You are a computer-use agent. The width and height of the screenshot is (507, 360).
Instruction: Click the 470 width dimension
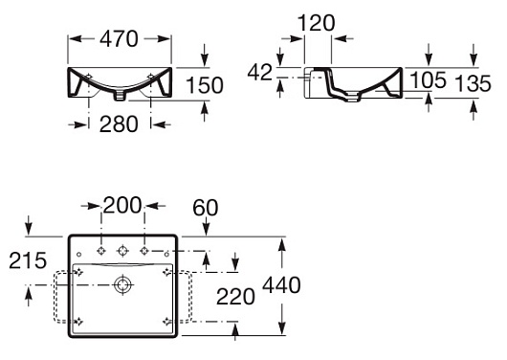click(x=119, y=39)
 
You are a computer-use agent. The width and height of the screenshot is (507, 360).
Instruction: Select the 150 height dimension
click(x=205, y=85)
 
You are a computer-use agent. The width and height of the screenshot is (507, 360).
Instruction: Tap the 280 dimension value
click(x=119, y=124)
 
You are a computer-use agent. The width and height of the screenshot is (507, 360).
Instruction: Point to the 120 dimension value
click(x=316, y=23)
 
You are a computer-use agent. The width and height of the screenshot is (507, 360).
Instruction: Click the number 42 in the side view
click(x=260, y=72)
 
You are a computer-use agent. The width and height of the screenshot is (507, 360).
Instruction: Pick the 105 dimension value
click(x=428, y=80)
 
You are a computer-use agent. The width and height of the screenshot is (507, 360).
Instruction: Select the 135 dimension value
click(x=473, y=83)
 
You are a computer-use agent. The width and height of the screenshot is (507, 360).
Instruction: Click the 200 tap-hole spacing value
click(x=122, y=205)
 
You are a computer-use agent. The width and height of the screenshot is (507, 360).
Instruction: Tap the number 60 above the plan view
click(x=206, y=208)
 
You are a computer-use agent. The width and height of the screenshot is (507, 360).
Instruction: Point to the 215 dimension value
click(x=28, y=260)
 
